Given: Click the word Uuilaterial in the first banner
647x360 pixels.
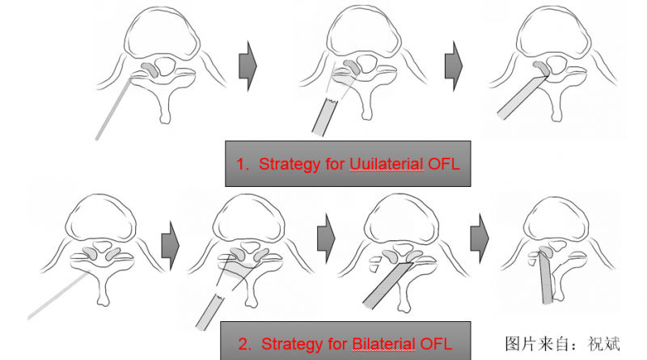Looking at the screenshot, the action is click(x=387, y=164).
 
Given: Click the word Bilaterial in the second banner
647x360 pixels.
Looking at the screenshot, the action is click(x=383, y=344).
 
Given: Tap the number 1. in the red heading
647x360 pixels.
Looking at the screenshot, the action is click(x=243, y=164).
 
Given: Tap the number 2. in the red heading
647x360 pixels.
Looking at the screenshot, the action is click(x=245, y=345).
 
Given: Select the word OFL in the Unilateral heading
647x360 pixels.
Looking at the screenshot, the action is click(x=443, y=164).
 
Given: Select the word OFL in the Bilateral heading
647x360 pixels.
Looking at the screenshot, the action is click(x=436, y=344).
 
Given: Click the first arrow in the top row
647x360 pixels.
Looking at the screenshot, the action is click(x=248, y=66).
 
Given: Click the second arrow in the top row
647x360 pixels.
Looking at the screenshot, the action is click(x=454, y=66).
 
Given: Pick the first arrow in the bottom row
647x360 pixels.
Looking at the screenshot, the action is click(x=171, y=245).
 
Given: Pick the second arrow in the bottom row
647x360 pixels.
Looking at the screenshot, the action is click(x=326, y=238).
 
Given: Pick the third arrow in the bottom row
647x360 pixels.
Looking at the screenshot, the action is click(x=480, y=238).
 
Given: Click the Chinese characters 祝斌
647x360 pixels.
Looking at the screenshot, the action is click(x=603, y=344).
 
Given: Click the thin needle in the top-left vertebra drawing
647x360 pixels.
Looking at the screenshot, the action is click(x=113, y=108).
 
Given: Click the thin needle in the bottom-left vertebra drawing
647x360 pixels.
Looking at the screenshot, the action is click(x=59, y=294).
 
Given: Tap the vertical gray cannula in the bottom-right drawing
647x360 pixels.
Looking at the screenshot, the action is click(x=546, y=277).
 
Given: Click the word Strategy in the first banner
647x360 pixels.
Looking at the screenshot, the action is click(x=290, y=164).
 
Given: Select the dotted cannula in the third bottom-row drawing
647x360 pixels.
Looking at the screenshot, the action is click(x=388, y=286).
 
